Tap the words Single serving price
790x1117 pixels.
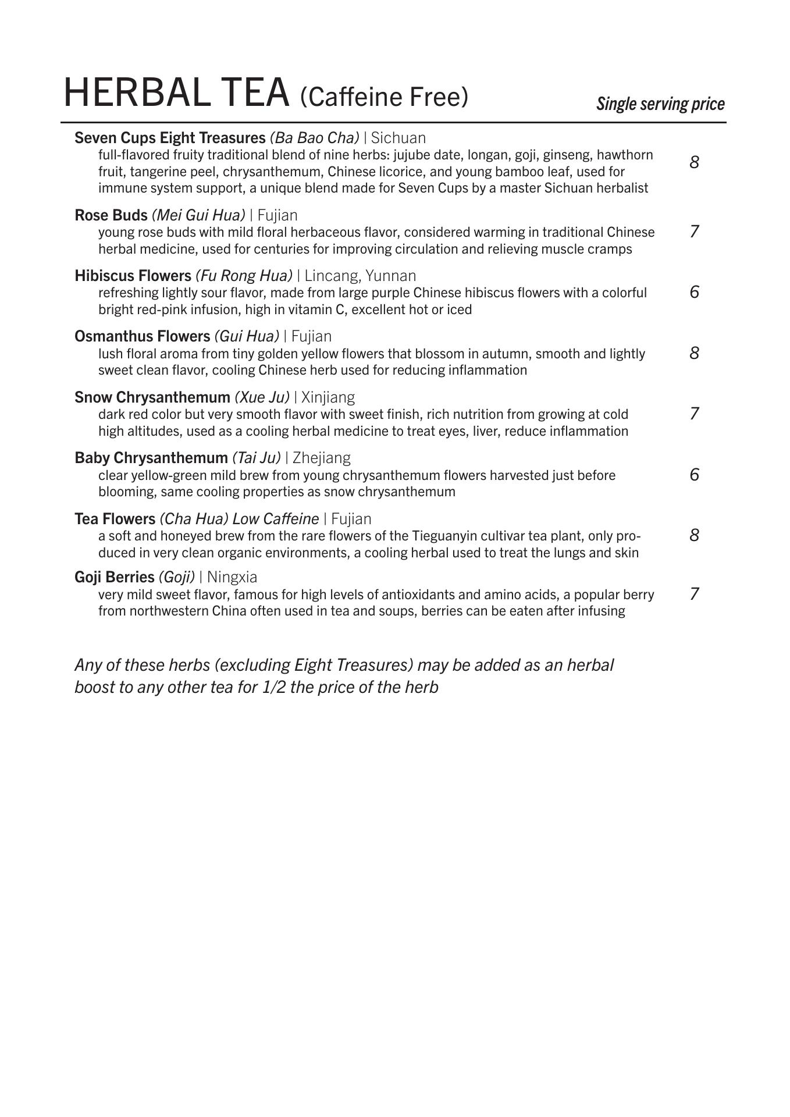pos(660,104)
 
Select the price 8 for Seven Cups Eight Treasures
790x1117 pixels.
pos(694,162)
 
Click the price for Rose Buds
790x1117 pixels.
pos(694,232)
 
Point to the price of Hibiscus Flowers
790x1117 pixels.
pos(694,292)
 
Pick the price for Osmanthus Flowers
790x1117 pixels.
pos(694,353)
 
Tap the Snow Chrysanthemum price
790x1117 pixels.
pos(694,414)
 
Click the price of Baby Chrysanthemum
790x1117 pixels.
pos(694,475)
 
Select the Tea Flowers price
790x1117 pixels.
pos(694,535)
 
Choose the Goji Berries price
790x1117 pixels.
pos(694,594)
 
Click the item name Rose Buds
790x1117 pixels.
pos(111,215)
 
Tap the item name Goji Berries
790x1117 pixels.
pos(114,577)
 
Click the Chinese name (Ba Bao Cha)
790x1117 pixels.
pos(314,138)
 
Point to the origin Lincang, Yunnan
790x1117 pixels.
pos(361,276)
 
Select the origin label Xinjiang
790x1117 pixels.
pos(328,397)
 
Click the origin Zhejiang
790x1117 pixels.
pos(322,458)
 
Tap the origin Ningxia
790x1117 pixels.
pos(232,577)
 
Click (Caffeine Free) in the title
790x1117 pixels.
pos(384,97)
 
